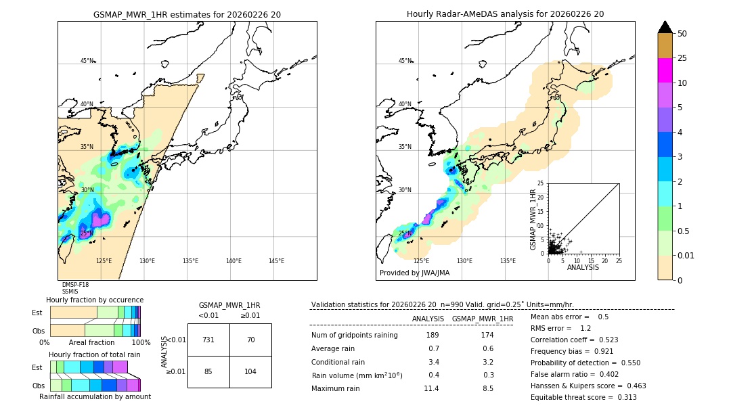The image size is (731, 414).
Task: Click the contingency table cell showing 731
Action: [208, 340]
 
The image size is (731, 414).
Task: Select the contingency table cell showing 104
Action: [250, 371]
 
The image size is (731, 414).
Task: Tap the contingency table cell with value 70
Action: [250, 340]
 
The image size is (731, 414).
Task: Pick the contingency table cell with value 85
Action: [208, 371]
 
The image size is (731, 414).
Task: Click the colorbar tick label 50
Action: [683, 34]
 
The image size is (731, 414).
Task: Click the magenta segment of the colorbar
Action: [665, 70]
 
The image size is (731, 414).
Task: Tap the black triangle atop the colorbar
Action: [665, 27]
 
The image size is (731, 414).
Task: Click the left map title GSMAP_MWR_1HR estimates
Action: [187, 14]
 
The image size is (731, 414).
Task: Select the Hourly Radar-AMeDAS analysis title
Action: [505, 14]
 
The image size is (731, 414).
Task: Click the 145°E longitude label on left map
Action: [276, 261]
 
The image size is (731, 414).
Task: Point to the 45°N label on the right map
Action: [404, 61]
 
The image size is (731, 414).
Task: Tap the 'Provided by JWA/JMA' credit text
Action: [414, 273]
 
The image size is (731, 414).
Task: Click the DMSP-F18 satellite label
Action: [75, 285]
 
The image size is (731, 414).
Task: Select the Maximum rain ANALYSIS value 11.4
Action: [431, 388]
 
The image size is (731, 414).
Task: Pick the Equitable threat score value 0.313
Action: [623, 397]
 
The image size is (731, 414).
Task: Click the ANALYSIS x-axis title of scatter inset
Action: [583, 267]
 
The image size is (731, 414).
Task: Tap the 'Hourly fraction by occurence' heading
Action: [95, 300]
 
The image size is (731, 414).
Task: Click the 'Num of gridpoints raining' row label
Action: [354, 335]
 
